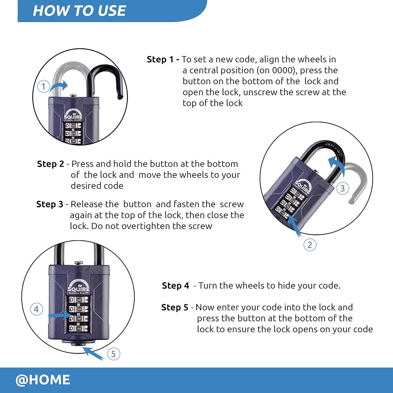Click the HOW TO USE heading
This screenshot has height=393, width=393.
(79, 11)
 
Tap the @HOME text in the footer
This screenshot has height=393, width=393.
(43, 380)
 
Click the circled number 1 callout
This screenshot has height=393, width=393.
(43, 86)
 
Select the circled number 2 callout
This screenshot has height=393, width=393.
(310, 245)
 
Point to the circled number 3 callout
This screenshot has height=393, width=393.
(342, 188)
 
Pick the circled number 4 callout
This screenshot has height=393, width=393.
(36, 309)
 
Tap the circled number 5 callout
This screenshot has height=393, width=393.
(113, 354)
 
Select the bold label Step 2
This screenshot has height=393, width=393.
(50, 164)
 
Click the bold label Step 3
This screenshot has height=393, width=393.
(49, 204)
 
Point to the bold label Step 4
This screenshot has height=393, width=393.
(175, 286)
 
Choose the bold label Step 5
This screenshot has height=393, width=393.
(175, 307)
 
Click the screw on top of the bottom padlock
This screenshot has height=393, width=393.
(79, 262)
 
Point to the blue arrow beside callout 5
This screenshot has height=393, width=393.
(93, 354)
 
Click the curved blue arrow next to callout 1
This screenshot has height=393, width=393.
(59, 86)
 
